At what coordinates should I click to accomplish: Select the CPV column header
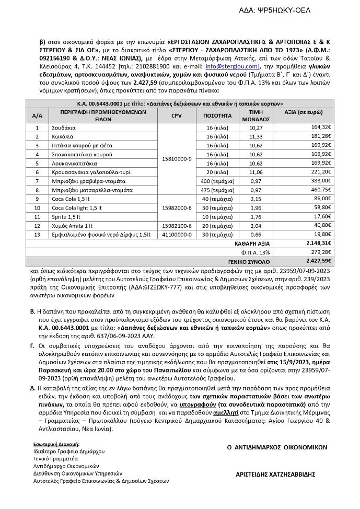click(176, 115)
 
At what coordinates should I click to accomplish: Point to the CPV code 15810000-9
click(176, 158)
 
